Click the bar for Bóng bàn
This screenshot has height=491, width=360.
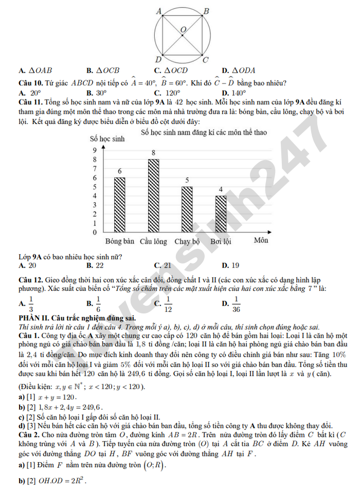pos(119,205)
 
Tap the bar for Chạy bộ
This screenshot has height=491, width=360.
pos(187,209)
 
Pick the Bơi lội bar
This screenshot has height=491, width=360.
pos(221,214)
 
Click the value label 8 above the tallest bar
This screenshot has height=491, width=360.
pos(153,153)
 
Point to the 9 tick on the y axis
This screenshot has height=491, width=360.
pos(94,150)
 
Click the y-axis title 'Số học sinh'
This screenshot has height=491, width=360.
pos(107,139)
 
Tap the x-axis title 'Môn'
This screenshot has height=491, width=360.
pos(261,240)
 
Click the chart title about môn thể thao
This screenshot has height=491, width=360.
pos(204,132)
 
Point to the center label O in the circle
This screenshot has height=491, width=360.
pos(183,30)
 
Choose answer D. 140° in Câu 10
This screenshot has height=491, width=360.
pos(234,93)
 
